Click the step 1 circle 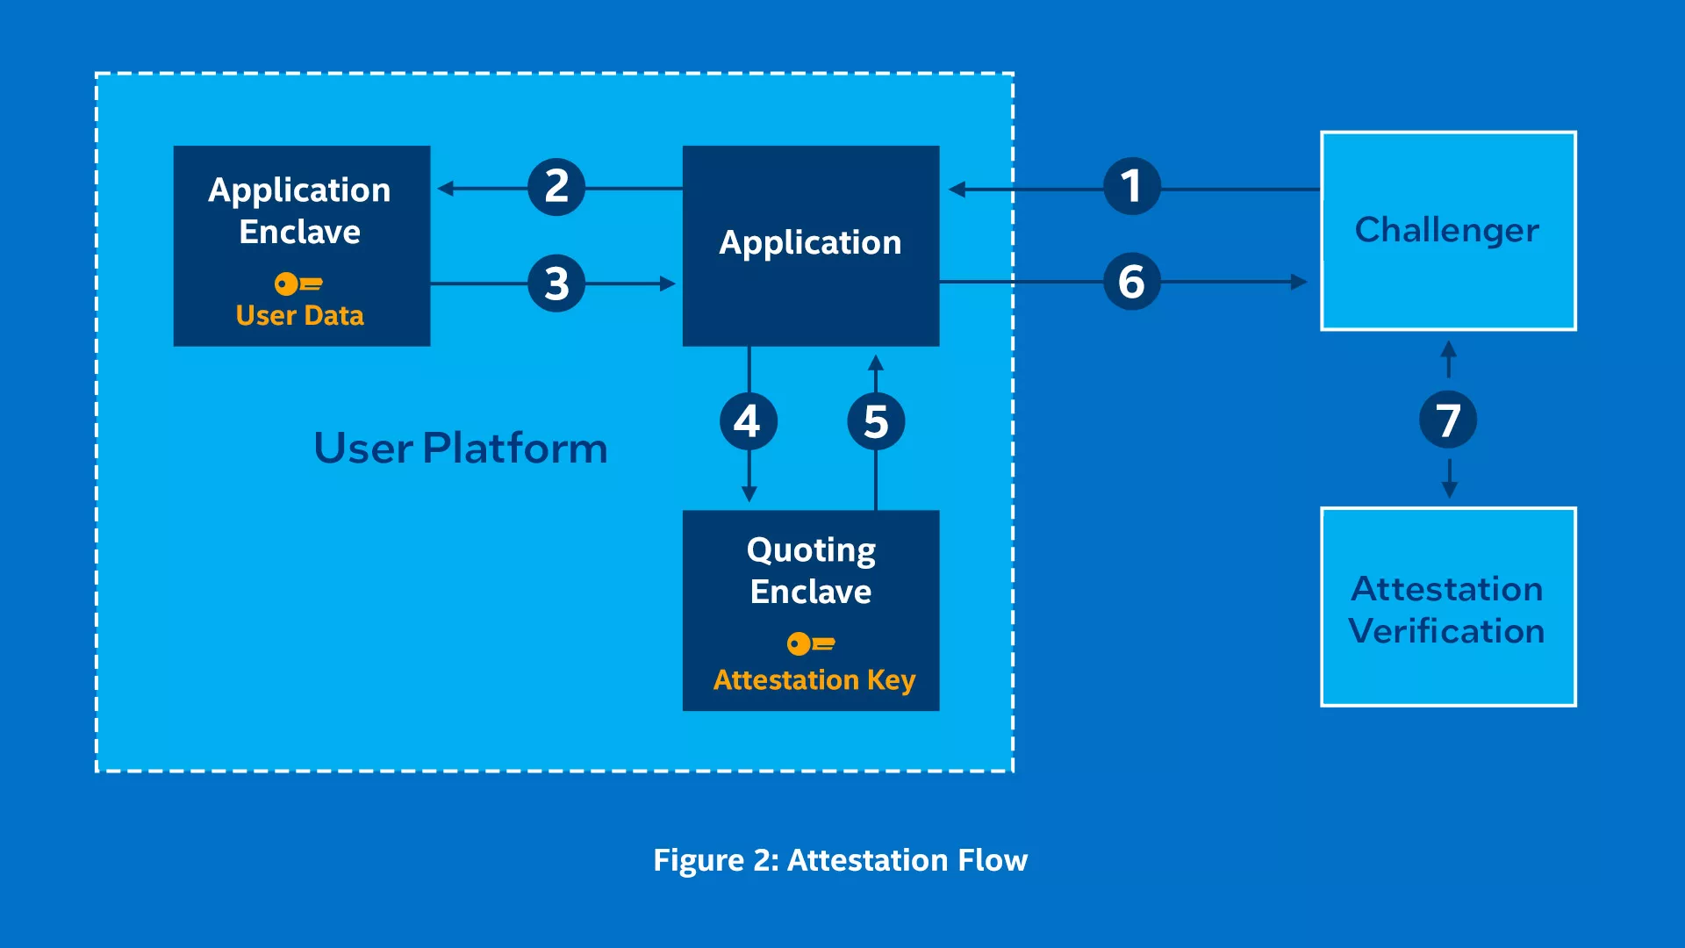[x=1131, y=186]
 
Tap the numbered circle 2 [x=556, y=187]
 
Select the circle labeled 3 [x=556, y=283]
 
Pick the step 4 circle [x=748, y=421]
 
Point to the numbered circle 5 [x=876, y=421]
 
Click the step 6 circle [x=1131, y=282]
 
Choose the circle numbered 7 [x=1448, y=420]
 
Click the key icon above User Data [x=298, y=284]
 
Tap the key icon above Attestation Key [x=811, y=643]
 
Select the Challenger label [x=1447, y=230]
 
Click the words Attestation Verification [x=1447, y=609]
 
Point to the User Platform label [x=461, y=448]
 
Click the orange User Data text [x=299, y=315]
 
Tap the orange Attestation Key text [x=814, y=680]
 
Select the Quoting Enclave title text [x=811, y=571]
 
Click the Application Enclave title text [x=299, y=211]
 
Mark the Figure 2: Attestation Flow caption [x=841, y=860]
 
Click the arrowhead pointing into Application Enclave [x=445, y=188]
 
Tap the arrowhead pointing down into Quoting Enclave [x=749, y=494]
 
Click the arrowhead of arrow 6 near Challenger [x=1300, y=282]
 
